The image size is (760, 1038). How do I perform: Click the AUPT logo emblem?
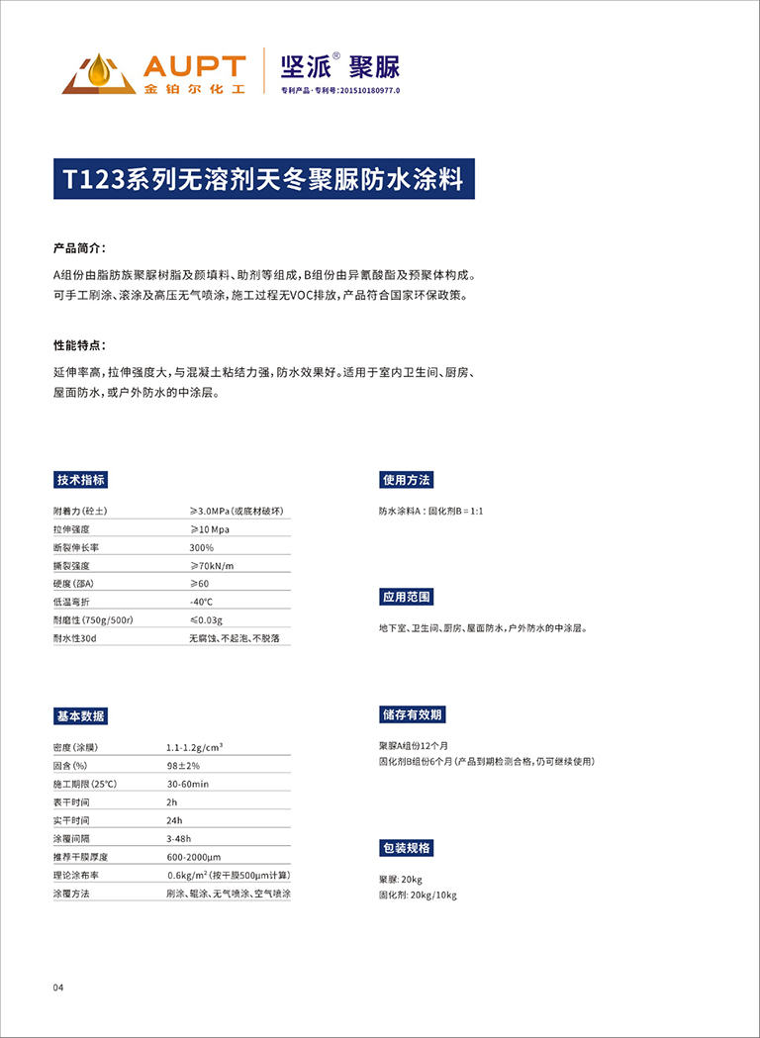click(x=98, y=73)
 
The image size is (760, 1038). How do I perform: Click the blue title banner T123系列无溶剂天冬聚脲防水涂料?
click(x=263, y=179)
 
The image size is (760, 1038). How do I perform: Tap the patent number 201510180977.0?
click(x=369, y=90)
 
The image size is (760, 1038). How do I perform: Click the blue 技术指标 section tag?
click(x=80, y=480)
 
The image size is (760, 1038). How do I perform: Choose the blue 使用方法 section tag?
click(x=406, y=480)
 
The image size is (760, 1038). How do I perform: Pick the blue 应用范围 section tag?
click(x=406, y=597)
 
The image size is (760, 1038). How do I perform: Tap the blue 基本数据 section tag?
click(x=80, y=716)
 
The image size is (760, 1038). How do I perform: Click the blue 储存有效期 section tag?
click(x=412, y=714)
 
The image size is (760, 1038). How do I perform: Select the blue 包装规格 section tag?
click(x=406, y=848)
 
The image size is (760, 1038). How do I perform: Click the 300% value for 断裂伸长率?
click(x=202, y=547)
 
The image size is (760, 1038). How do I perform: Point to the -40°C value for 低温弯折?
click(x=202, y=602)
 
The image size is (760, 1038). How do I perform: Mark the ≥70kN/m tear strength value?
click(x=212, y=565)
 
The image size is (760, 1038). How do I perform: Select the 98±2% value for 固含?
click(x=183, y=766)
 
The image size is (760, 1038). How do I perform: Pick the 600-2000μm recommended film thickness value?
click(x=194, y=857)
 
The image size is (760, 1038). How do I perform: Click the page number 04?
click(x=58, y=988)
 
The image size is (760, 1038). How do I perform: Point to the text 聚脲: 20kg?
click(x=401, y=880)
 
